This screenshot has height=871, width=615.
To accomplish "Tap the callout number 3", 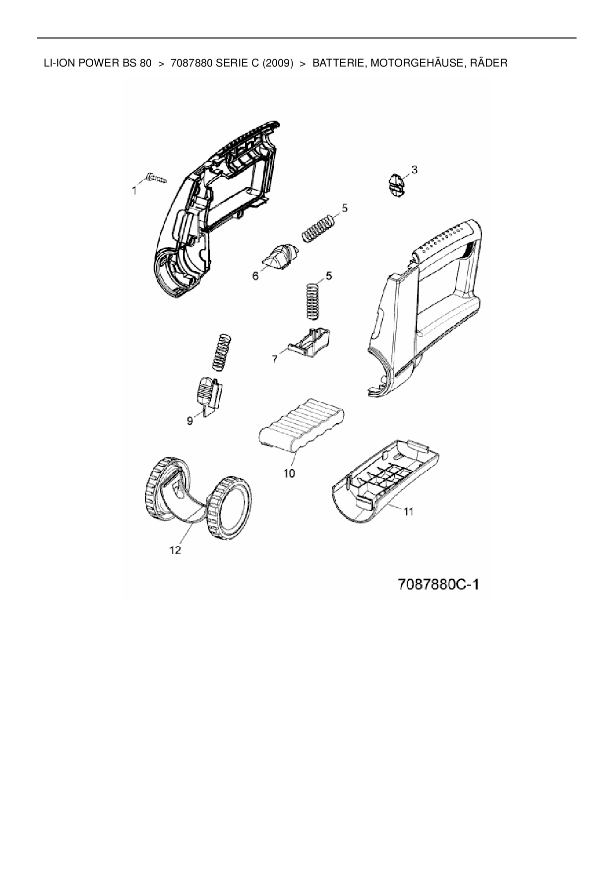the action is click(415, 170).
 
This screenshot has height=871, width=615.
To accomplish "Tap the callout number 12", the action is click(176, 550).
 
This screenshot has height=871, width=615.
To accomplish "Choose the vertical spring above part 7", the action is click(311, 301).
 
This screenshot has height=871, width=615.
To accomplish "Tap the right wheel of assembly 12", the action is click(230, 508).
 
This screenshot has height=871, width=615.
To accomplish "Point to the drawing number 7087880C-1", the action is click(438, 584).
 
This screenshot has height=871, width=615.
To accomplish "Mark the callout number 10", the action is click(289, 473).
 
